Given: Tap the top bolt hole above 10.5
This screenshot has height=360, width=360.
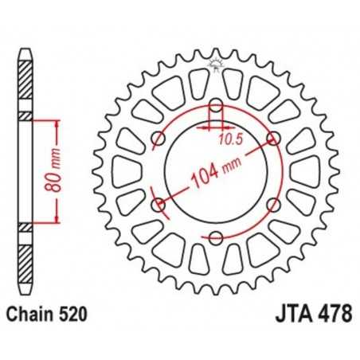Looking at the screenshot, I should pyautogui.click(x=216, y=105).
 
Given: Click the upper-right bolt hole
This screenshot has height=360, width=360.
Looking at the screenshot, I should pyautogui.click(x=275, y=139).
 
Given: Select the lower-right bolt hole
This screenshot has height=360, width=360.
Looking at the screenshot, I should pyautogui.click(x=275, y=205).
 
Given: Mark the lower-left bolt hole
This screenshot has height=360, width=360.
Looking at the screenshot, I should pyautogui.click(x=158, y=205).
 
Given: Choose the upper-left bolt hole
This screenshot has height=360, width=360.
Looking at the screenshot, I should pyautogui.click(x=158, y=139).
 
